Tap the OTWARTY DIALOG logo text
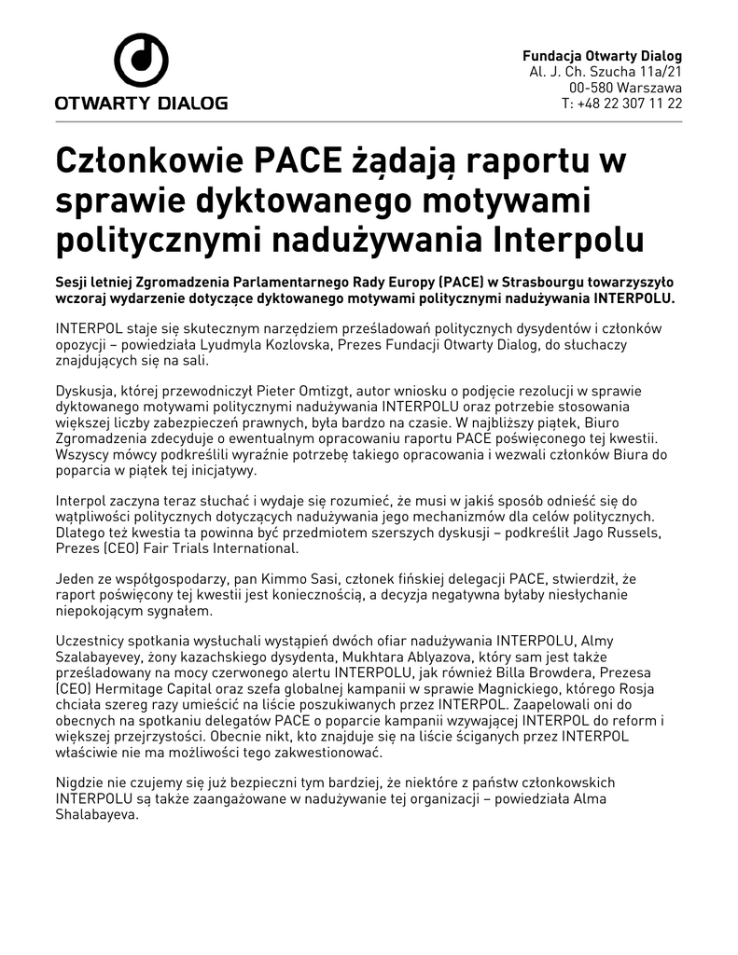coord(141,103)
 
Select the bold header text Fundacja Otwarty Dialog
coord(602,56)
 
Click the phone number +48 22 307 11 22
coord(630,104)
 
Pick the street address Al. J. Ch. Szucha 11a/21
coord(606,72)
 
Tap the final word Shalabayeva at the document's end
coord(97,814)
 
